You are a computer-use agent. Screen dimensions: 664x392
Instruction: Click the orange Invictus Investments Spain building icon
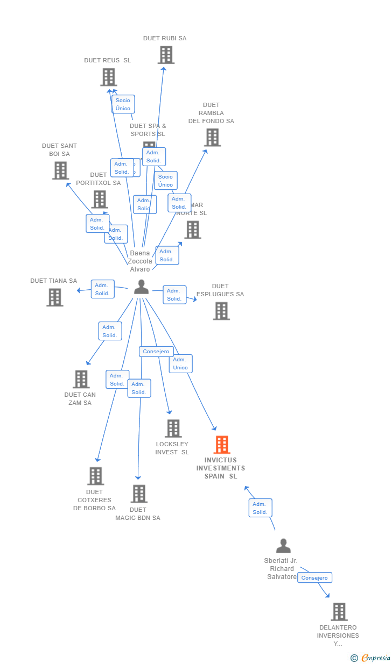[221, 445]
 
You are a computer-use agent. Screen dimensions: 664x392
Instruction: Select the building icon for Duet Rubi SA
[166, 55]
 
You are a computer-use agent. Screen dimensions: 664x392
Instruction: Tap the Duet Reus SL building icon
[108, 77]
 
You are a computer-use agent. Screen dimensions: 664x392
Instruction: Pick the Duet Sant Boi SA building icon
[60, 170]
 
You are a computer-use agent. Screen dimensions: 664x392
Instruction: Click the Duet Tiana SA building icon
[54, 297]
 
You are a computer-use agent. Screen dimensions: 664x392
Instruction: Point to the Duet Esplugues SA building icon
[221, 311]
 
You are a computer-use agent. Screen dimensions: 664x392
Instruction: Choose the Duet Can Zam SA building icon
[81, 379]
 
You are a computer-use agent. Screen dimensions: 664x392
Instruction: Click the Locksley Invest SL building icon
[173, 429]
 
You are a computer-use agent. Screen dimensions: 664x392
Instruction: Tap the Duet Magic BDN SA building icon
[138, 494]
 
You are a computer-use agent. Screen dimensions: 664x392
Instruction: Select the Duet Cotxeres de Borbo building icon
[95, 476]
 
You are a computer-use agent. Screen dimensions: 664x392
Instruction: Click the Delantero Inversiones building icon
[339, 612]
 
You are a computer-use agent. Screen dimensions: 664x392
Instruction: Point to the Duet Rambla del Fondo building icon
[212, 138]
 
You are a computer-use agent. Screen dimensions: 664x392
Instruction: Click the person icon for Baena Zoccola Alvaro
[141, 288]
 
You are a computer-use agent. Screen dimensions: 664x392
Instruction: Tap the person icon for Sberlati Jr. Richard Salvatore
[283, 546]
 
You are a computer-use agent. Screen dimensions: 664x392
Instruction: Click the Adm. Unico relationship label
[180, 363]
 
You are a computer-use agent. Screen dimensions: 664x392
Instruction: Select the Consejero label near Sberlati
[314, 577]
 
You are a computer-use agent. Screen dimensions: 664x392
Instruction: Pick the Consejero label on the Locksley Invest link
[156, 352]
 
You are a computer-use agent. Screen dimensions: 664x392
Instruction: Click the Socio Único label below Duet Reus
[123, 104]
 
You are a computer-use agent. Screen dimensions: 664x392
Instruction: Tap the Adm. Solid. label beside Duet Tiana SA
[102, 289]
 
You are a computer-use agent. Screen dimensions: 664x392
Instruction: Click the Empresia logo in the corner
[371, 658]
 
